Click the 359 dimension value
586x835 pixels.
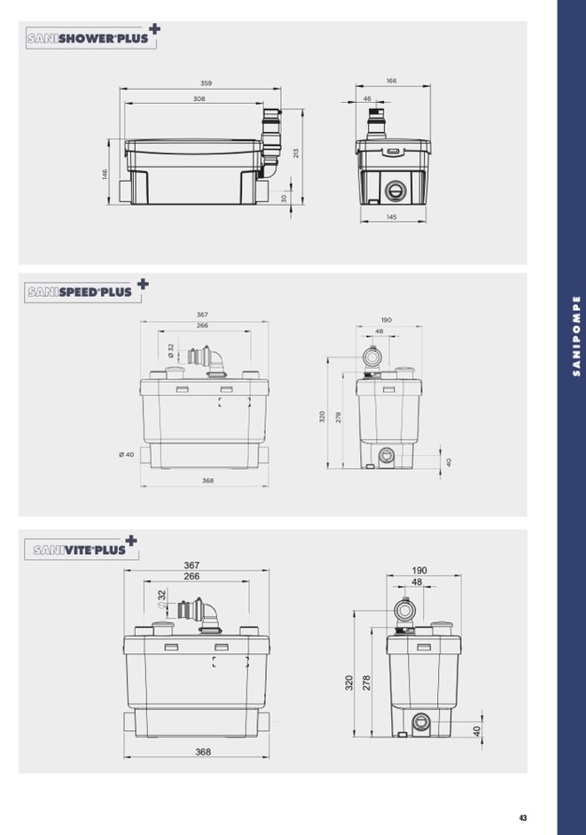click(x=206, y=83)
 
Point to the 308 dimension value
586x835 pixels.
click(x=199, y=98)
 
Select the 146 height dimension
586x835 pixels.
click(x=105, y=174)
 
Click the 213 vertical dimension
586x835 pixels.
click(x=296, y=153)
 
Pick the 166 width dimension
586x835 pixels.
click(x=392, y=81)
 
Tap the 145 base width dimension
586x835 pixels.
click(x=392, y=217)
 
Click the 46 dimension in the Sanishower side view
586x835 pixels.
click(x=367, y=98)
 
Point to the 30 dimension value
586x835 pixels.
click(x=284, y=198)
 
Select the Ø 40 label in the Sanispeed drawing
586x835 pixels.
click(x=127, y=454)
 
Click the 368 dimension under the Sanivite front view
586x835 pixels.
click(x=203, y=752)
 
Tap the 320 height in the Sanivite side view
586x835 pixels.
click(x=349, y=683)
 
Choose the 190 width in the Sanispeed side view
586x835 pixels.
click(x=387, y=320)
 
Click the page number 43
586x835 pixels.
click(x=522, y=818)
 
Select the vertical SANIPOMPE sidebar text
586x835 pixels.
click(x=576, y=336)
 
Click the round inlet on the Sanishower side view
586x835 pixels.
click(x=395, y=190)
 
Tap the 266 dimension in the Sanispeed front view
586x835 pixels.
click(x=202, y=325)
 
